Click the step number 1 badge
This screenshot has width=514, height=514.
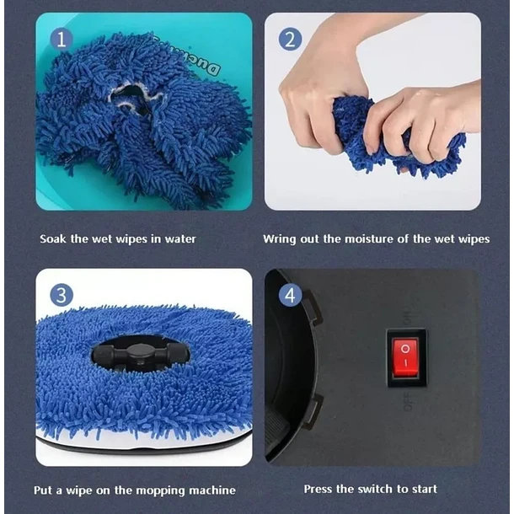(62, 40)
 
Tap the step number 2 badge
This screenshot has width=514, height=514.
(290, 40)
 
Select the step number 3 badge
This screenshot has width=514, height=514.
(62, 296)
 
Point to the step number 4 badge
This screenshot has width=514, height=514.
(290, 296)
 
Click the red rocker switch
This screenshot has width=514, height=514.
(405, 357)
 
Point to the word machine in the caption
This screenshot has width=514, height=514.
(212, 490)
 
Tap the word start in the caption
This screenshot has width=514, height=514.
(425, 489)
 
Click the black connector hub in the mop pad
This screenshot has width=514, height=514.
(141, 354)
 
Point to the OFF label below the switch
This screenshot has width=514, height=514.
(408, 402)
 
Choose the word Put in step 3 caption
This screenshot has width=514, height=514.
(43, 490)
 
